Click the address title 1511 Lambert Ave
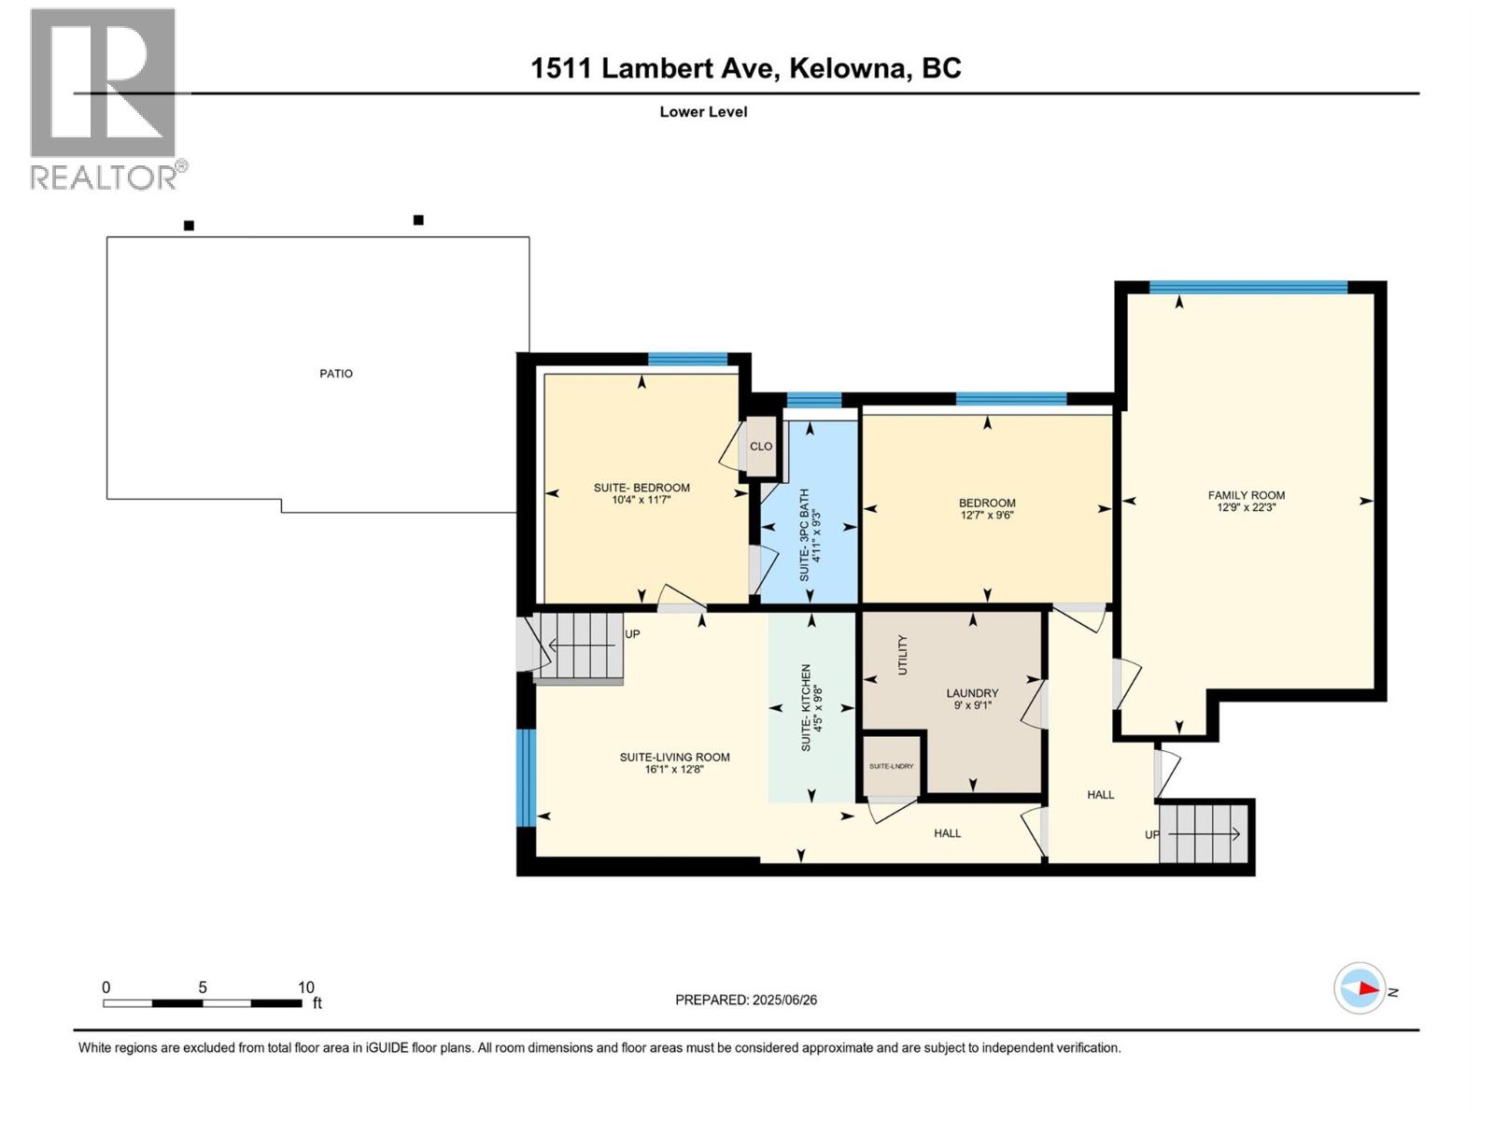click(746, 68)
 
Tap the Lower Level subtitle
click(703, 111)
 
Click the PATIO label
click(336, 374)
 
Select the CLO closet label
click(761, 447)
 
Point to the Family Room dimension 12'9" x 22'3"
click(1246, 507)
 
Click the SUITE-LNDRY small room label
click(891, 766)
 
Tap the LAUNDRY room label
click(972, 693)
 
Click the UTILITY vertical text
click(903, 655)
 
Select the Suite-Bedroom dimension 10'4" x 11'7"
click(641, 500)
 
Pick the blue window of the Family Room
click(1247, 288)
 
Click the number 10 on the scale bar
click(305, 987)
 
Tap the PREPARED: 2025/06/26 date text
click(746, 1000)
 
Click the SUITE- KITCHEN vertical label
click(806, 708)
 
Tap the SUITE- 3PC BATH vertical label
click(804, 535)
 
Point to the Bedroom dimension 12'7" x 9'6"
click(987, 515)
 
